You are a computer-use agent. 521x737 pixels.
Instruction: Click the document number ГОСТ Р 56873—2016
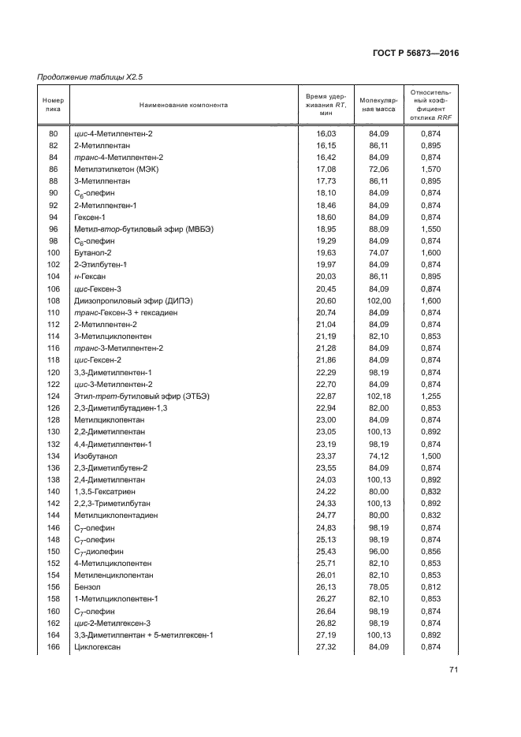415,53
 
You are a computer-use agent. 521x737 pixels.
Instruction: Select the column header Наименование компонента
183,105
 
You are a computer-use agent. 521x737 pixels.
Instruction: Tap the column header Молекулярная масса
378,105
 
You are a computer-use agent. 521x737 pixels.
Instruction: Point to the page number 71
453,670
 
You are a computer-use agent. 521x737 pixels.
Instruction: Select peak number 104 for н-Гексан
54,277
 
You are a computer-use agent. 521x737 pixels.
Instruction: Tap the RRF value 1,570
430,169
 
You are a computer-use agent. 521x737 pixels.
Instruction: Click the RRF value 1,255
430,395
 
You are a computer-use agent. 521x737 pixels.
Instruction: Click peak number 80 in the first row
54,133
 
